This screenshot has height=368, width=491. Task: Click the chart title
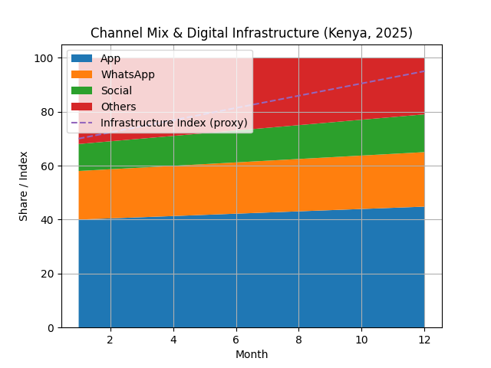[251, 33]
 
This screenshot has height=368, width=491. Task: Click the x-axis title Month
[251, 354]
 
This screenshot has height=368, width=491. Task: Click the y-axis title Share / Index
[24, 186]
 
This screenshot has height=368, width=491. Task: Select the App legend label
[110, 58]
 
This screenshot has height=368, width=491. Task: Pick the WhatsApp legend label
[127, 74]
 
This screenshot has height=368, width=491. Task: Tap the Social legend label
[116, 90]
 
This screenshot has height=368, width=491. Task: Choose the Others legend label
[118, 107]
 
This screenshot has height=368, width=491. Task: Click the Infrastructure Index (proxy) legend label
[173, 123]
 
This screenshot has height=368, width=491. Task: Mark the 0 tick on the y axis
[50, 327]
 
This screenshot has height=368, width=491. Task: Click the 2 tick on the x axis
[110, 340]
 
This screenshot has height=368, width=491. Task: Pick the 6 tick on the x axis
[236, 340]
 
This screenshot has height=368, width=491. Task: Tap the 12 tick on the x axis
[424, 340]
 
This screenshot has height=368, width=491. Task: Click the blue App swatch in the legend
[81, 58]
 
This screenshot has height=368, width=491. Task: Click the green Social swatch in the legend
[81, 90]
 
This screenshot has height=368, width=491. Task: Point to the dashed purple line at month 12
[424, 71]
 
